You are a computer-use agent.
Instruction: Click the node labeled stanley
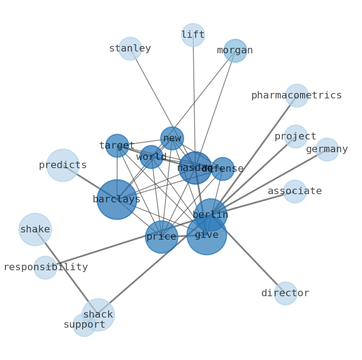pos(130,49)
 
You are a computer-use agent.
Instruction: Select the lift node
pos(193,35)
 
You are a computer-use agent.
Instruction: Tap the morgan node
pos(235,51)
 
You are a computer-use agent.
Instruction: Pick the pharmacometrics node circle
pos(297,96)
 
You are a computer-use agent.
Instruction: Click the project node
pos(295,137)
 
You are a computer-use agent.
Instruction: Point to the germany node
pos(327,149)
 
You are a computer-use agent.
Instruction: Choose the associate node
pos(295,191)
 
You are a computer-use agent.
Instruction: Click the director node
pos(285,293)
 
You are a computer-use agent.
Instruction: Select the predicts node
pos(63,165)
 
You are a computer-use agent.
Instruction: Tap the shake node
pos(35,230)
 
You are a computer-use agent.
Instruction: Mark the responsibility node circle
pos(45,267)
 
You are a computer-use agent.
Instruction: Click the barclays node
pos(117,200)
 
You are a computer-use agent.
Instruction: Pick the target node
pos(117,146)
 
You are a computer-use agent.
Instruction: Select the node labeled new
pos(172,139)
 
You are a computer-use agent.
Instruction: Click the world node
pos(151,157)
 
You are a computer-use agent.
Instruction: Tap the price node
pos(161,237)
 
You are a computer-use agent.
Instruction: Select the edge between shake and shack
pos(66,272)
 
